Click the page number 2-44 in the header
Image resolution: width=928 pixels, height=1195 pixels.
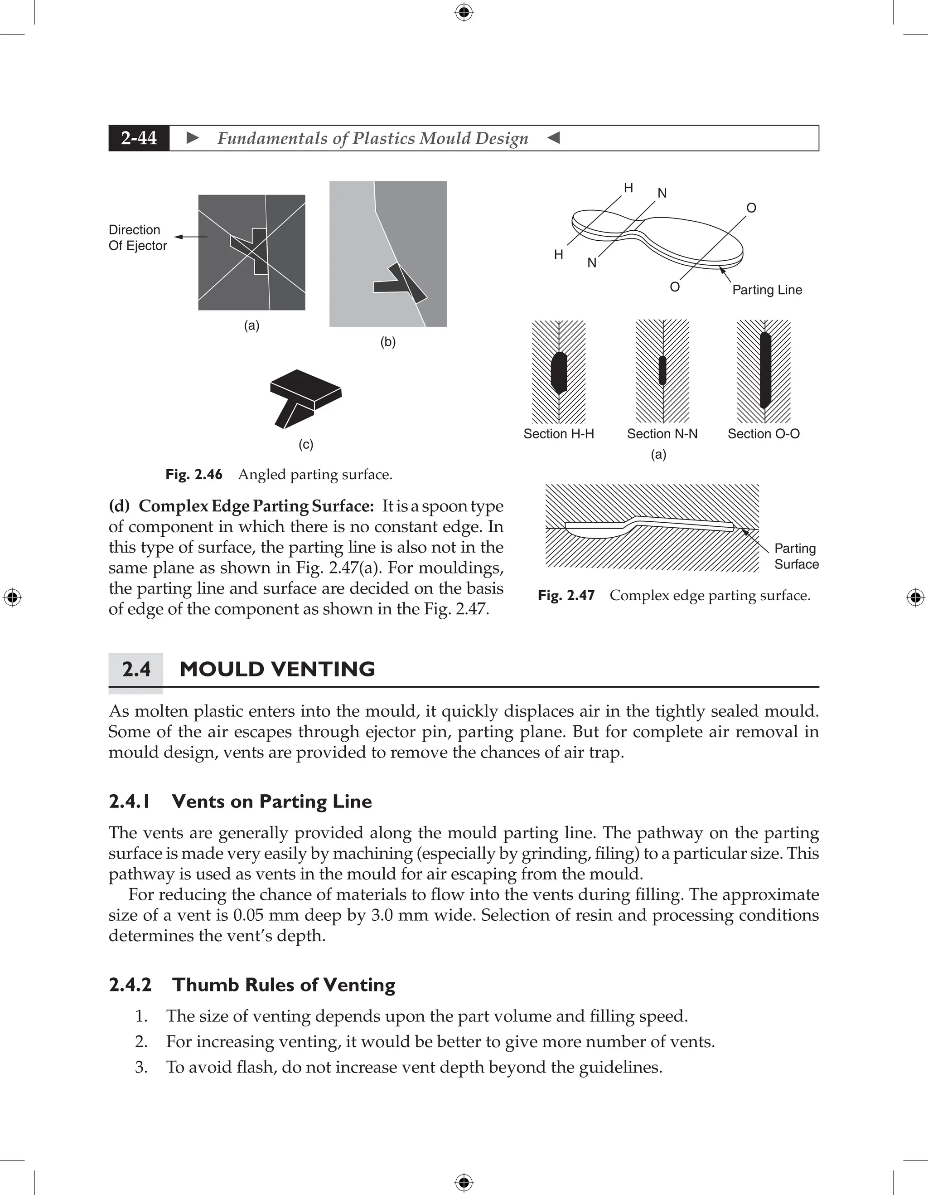[x=139, y=138]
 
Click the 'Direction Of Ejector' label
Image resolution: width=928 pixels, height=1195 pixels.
[x=137, y=238]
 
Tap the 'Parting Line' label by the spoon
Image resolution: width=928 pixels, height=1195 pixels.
[x=767, y=290]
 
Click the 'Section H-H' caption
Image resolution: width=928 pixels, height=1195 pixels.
[x=558, y=434]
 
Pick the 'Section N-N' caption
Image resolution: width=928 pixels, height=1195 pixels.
[x=662, y=434]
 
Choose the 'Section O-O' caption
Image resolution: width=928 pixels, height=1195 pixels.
[x=764, y=434]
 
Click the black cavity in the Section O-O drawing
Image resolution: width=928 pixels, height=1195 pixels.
[x=765, y=370]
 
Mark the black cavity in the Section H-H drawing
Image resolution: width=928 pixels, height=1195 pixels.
[x=558, y=373]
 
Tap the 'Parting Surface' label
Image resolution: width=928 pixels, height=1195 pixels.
[x=796, y=556]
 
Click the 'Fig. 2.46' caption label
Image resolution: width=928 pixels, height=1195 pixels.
[x=193, y=474]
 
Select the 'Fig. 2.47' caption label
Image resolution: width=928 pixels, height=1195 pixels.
[x=566, y=595]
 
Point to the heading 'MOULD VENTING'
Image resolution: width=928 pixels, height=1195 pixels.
[x=277, y=669]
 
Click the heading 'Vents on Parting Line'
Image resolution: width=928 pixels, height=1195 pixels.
[x=271, y=802]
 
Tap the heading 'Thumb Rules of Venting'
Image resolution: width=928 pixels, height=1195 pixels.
[x=283, y=985]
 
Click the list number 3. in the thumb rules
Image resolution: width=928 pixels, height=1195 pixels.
[x=141, y=1068]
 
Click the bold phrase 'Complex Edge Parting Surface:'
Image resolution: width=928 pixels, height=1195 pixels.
[x=256, y=506]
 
